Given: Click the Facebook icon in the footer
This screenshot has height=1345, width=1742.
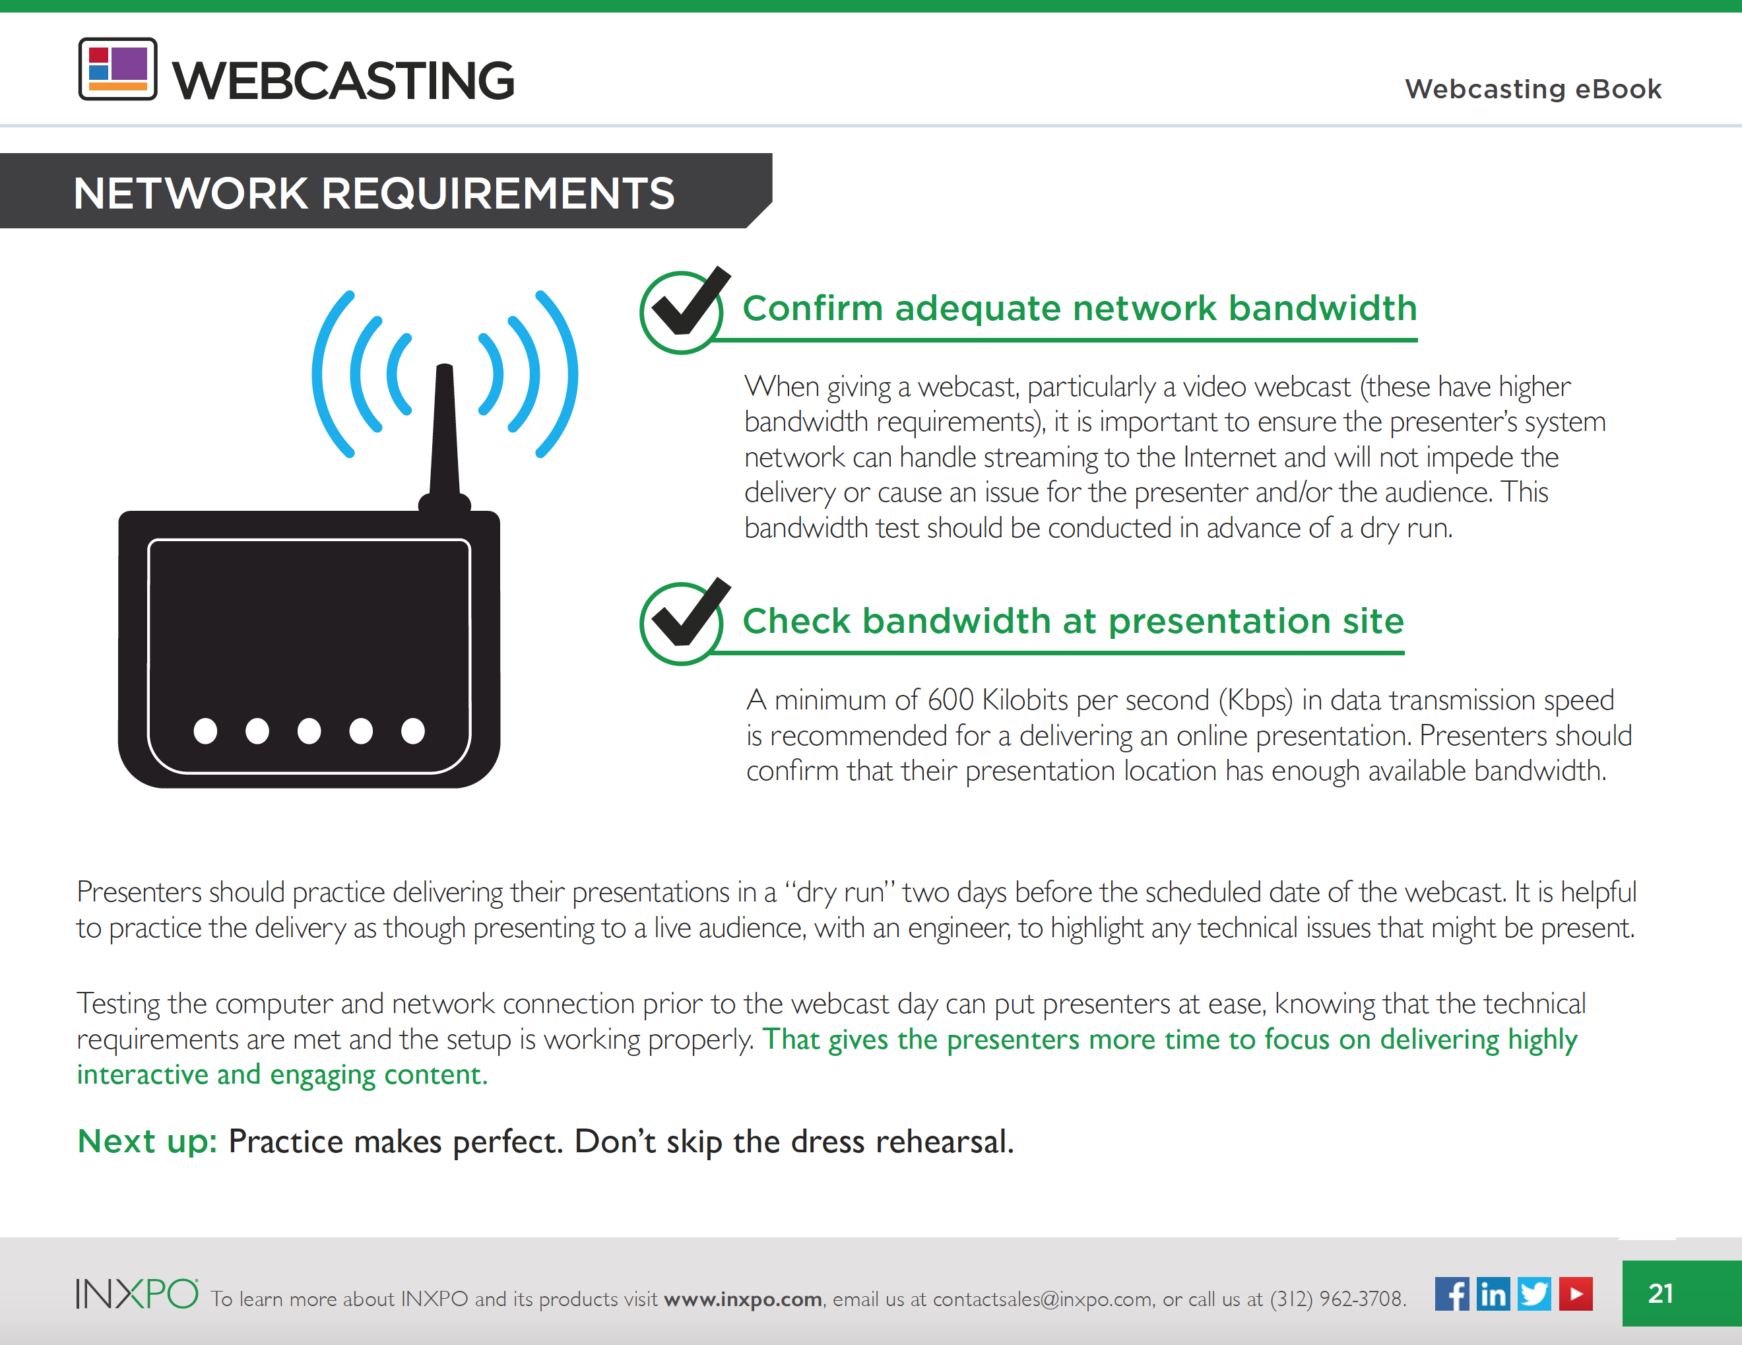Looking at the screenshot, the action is click(1452, 1293).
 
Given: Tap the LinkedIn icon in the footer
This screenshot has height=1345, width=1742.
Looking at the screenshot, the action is click(1493, 1293).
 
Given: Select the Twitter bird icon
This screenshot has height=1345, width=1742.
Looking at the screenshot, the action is click(1534, 1293).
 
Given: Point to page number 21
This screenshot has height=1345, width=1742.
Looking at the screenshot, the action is click(1661, 1293).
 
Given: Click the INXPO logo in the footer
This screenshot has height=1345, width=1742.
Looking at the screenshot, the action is click(137, 1293).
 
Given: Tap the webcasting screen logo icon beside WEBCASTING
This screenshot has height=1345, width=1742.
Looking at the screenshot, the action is click(117, 69).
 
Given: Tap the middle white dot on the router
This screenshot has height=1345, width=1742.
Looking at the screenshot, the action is click(309, 731).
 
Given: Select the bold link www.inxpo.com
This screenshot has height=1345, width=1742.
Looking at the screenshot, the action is click(742, 1299).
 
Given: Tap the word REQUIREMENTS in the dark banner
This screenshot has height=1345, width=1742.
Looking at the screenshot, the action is click(498, 193).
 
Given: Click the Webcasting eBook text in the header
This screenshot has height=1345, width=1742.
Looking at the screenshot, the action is click(1533, 88).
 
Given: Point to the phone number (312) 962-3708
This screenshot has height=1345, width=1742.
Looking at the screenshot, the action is click(1337, 1299).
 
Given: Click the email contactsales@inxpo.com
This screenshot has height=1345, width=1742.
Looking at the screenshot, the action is click(1043, 1299).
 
